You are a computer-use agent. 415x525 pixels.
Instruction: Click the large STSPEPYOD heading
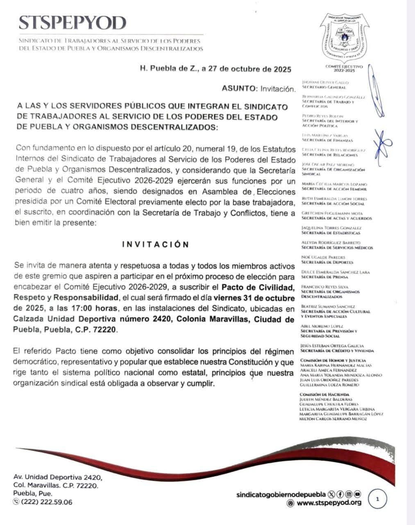coord(72,23)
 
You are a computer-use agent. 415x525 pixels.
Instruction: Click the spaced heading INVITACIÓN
coord(156,245)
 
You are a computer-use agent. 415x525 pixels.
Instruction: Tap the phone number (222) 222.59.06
coord(46,502)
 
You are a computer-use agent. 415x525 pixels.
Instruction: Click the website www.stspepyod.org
coord(329,502)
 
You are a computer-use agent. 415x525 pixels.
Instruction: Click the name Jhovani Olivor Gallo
coord(324,82)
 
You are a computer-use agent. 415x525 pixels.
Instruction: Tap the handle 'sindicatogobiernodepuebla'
coord(281,494)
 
